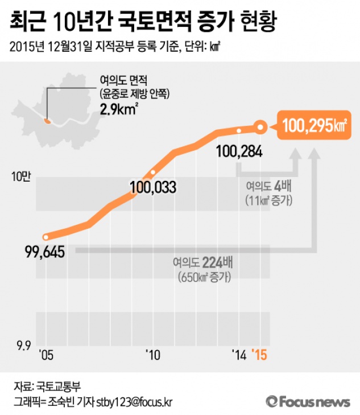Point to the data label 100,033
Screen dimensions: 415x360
(x=152, y=187)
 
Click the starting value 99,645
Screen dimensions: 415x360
(x=45, y=250)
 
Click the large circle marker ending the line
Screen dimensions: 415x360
(x=260, y=127)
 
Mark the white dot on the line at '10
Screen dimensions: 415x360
(x=152, y=172)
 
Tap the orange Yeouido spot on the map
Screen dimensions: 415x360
(x=48, y=120)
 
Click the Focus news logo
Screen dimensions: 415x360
(x=307, y=401)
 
